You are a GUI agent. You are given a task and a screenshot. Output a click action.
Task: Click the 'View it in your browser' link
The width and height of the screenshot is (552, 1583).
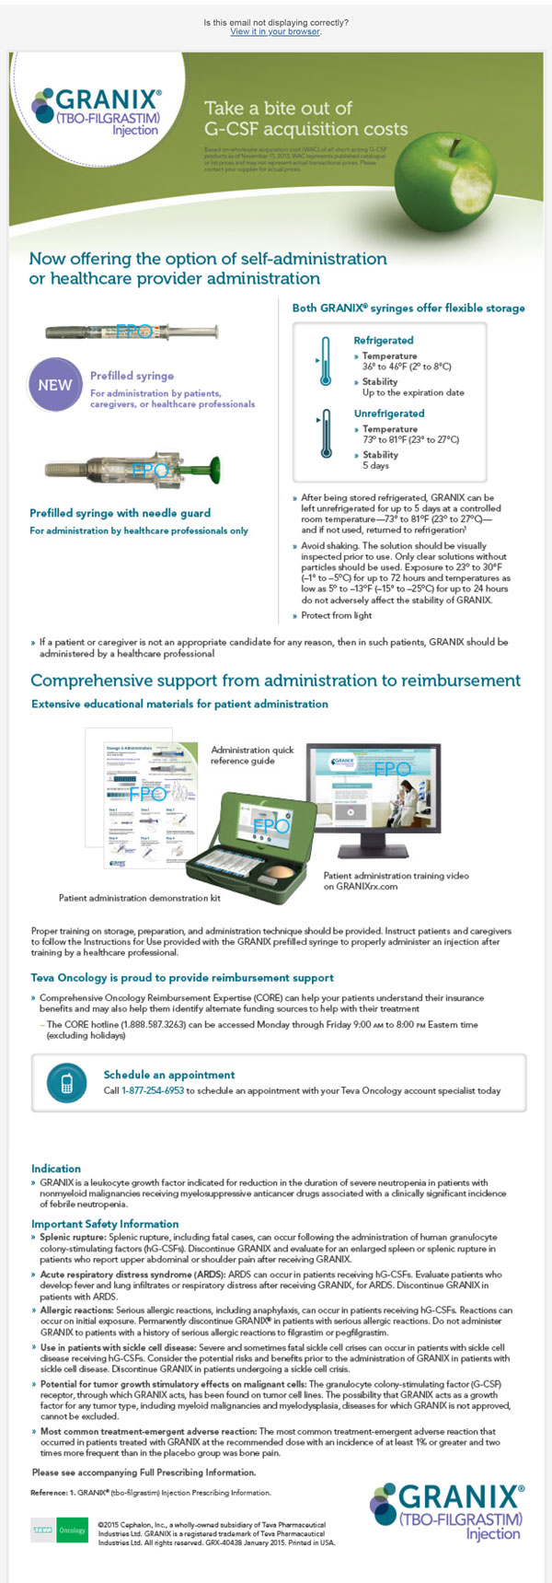(275, 31)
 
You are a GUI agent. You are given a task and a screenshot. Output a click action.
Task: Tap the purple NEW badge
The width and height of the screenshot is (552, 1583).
(54, 385)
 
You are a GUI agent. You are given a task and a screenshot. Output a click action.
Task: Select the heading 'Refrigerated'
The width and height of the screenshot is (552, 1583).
(384, 340)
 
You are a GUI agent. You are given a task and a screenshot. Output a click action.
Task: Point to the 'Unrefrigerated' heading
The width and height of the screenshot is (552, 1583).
(389, 413)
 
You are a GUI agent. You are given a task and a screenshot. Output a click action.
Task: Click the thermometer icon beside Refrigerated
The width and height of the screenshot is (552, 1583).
(324, 362)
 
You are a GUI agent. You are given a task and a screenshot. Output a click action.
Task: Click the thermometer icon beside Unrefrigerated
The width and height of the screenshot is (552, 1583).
(324, 434)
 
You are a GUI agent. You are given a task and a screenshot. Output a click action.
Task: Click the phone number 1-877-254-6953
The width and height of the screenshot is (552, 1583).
(153, 1090)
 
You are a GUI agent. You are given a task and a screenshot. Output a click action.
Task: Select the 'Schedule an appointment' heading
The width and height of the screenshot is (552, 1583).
(168, 1075)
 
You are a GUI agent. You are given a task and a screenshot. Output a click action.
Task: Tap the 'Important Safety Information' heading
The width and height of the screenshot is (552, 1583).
(105, 1224)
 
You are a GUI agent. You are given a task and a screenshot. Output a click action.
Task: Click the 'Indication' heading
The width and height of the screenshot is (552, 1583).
(56, 1169)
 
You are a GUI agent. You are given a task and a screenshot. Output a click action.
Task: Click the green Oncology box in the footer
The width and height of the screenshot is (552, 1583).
(72, 1530)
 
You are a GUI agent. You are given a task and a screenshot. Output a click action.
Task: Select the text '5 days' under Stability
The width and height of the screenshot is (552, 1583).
(375, 466)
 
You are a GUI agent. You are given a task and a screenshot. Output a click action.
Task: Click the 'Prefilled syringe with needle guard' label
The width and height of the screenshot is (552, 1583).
(120, 513)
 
